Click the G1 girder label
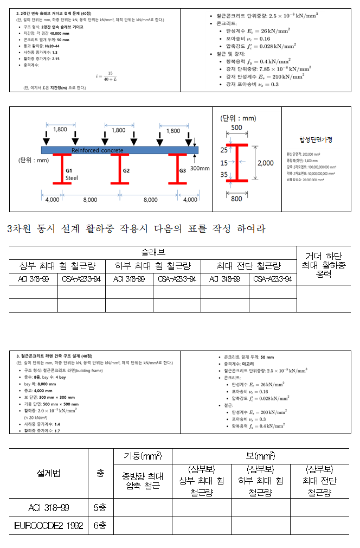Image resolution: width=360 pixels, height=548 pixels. point(68,169)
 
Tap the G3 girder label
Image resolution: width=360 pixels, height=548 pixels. point(183,170)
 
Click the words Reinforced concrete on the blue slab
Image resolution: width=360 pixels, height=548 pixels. point(98,150)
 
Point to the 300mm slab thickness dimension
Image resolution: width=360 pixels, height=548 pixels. point(200,168)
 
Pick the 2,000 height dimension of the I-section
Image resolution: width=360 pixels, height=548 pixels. point(265,163)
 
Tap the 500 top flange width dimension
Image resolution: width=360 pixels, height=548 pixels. point(236,128)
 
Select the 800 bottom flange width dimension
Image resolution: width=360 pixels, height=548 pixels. point(236,199)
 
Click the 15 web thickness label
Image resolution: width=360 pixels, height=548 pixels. point(224,163)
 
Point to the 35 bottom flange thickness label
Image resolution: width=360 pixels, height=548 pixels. point(224,175)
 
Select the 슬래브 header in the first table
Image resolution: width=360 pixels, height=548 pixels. point(153,252)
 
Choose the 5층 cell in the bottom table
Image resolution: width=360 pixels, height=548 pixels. point(100,508)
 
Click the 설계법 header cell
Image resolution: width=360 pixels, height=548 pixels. point(48,473)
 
